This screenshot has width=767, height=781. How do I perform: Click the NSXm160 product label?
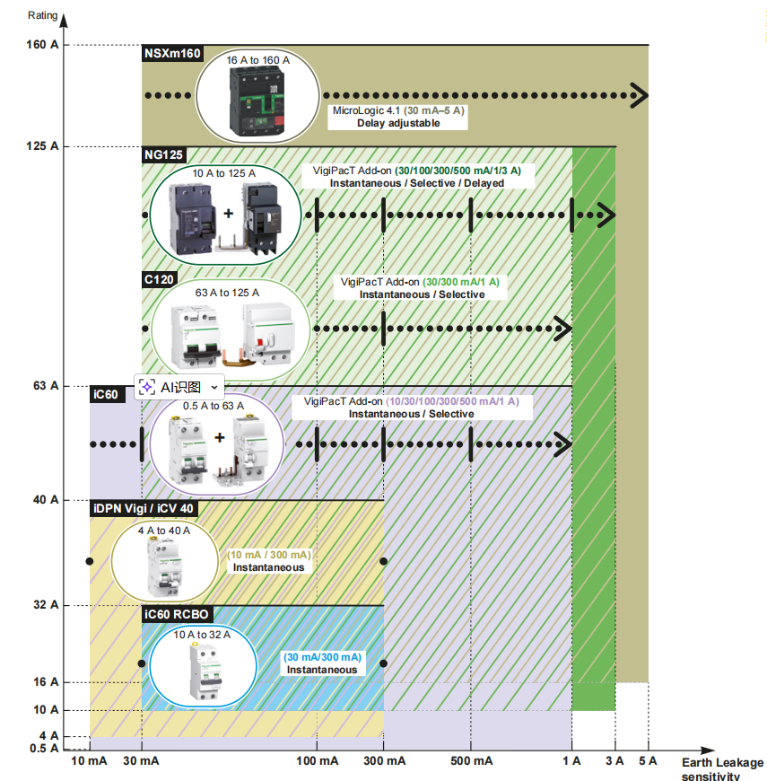[172, 54]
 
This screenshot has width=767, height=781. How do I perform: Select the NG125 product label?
[163, 154]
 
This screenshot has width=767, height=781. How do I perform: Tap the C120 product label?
[160, 278]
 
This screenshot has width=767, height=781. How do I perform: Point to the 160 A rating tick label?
[44, 45]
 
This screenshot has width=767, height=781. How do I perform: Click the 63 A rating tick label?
[48, 386]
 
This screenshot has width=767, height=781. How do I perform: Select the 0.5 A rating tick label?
[45, 750]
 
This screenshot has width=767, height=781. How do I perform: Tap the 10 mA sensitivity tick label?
[89, 761]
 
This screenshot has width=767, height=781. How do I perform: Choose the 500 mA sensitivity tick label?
[470, 761]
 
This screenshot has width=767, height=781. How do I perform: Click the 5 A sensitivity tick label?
[648, 761]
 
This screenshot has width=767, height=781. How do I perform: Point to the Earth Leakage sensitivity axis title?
[722, 769]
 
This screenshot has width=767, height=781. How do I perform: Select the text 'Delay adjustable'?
[398, 123]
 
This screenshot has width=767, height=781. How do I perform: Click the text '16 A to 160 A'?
[257, 60]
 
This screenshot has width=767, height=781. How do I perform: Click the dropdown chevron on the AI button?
[214, 387]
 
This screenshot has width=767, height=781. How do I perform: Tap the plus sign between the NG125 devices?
[228, 214]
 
